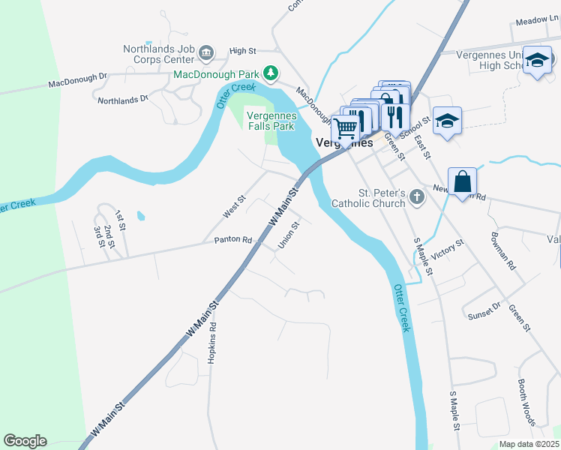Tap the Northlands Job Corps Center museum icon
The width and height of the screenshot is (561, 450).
(x=207, y=52)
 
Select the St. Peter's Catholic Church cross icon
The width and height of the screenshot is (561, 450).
(x=416, y=198)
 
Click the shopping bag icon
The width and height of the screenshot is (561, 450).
(x=462, y=182)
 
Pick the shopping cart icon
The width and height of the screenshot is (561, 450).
(x=345, y=129)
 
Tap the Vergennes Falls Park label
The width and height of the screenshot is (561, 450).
(x=272, y=121)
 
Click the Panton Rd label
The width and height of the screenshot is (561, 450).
(x=232, y=240)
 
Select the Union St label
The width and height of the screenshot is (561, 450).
(x=289, y=234)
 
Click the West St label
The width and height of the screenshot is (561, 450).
(x=234, y=208)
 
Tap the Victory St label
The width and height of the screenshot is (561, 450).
(x=448, y=250)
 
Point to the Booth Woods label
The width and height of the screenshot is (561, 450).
(x=526, y=402)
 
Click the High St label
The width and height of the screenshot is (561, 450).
(x=243, y=51)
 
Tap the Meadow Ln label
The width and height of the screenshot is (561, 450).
(x=533, y=22)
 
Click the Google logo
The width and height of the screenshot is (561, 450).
(x=25, y=441)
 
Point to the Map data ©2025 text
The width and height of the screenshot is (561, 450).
(x=529, y=444)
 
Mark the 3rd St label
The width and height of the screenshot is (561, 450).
(x=97, y=235)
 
